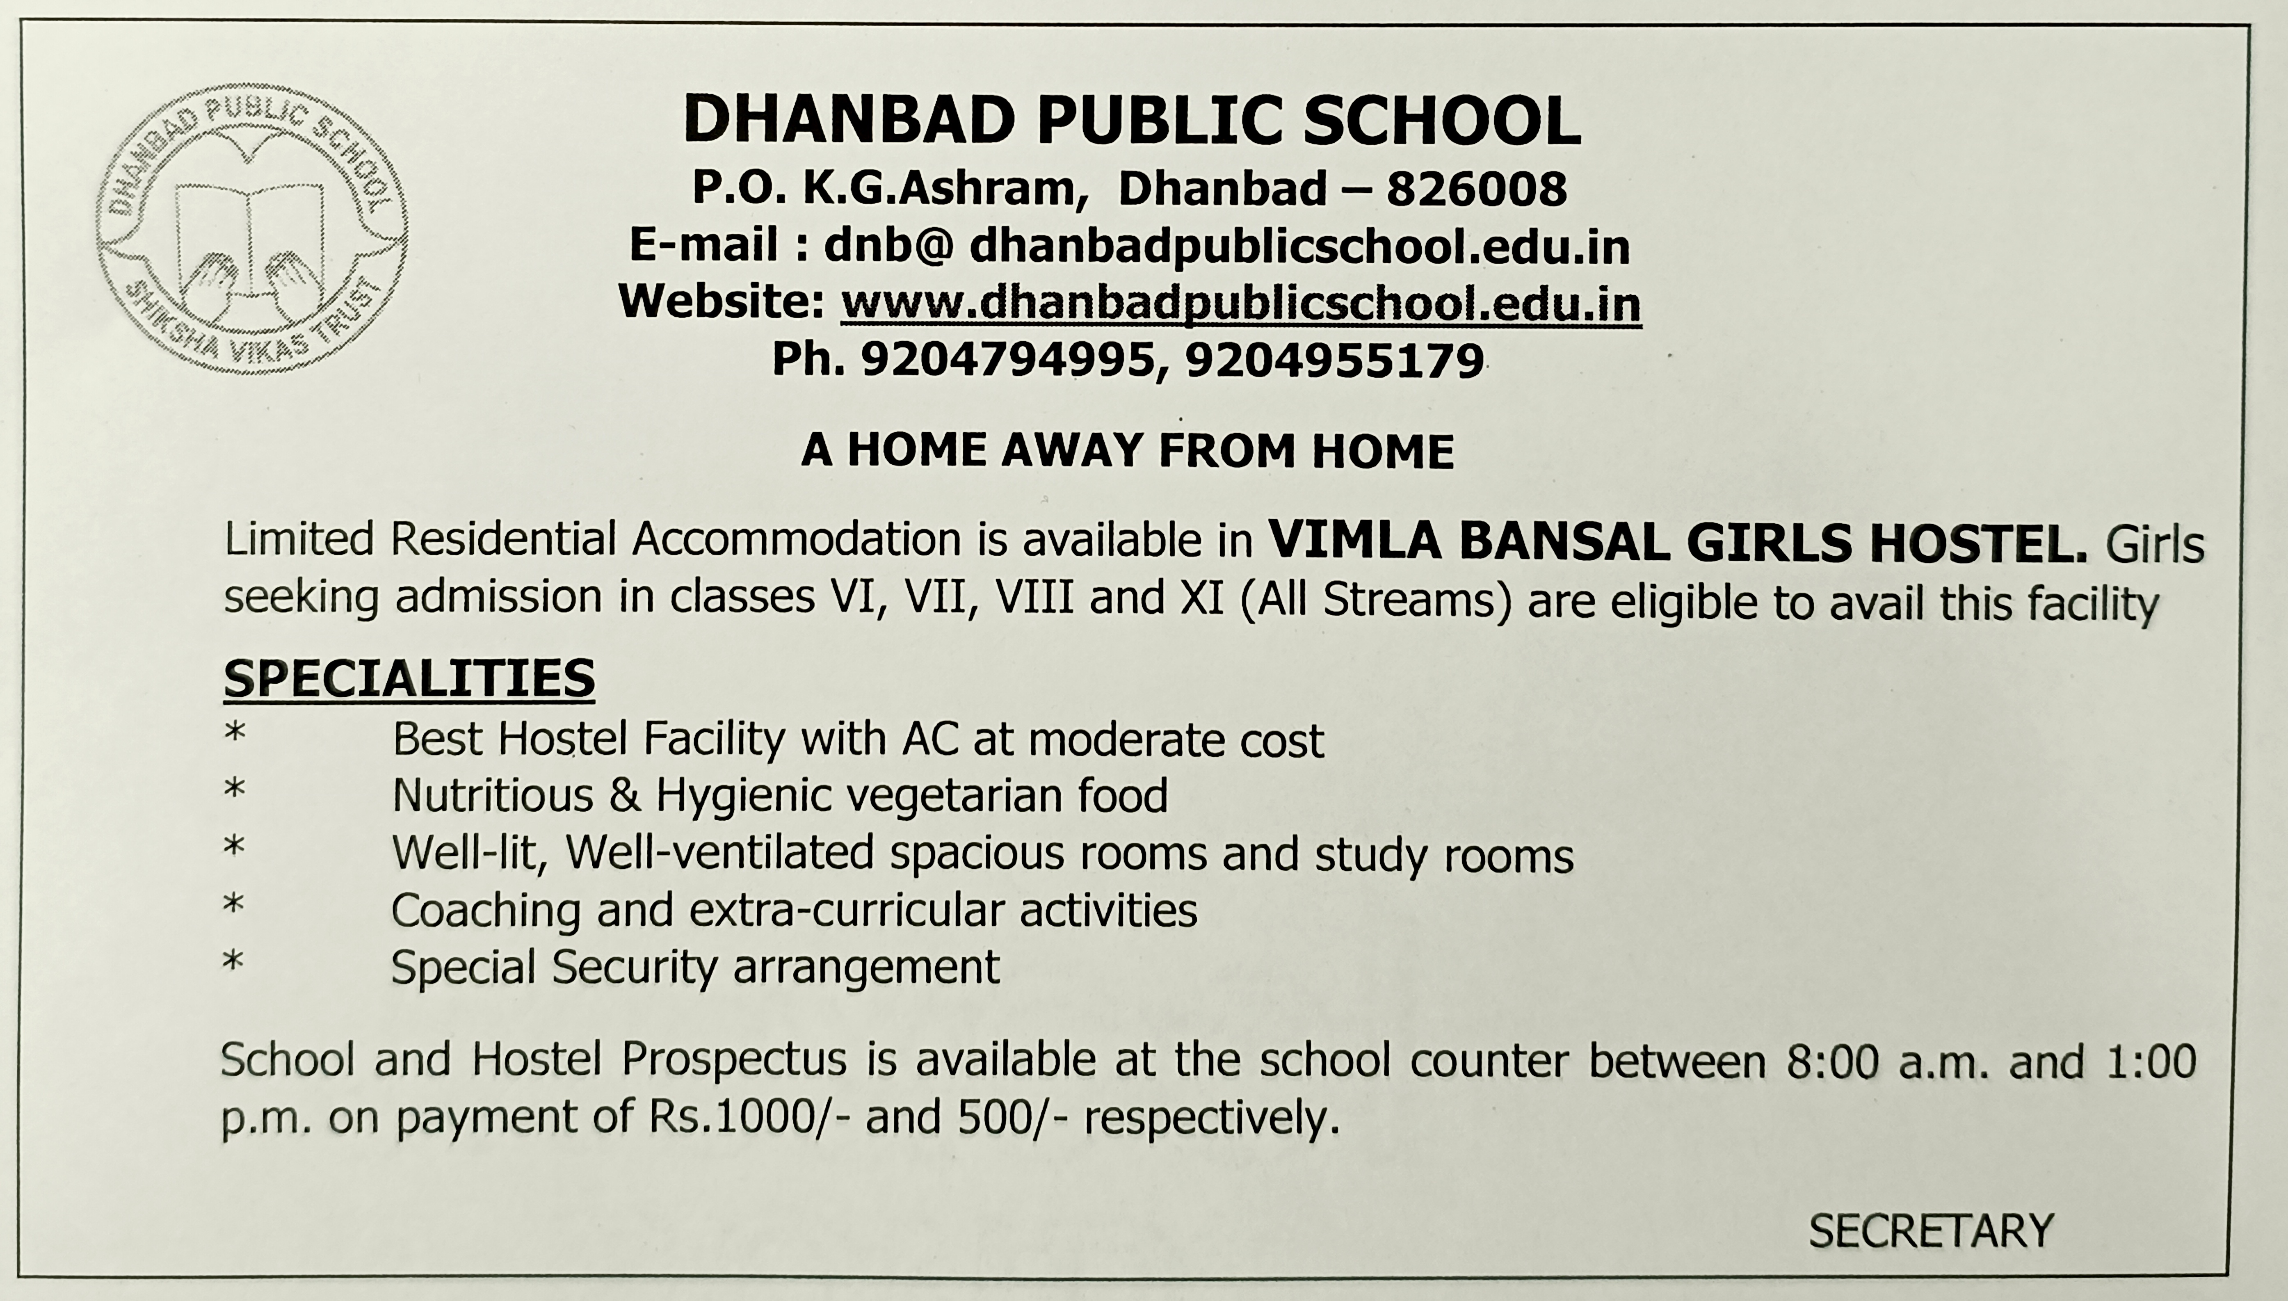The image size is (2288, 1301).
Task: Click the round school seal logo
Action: (x=252, y=230)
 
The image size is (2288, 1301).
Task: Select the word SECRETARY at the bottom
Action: (x=1931, y=1231)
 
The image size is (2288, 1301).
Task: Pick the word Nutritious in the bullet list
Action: (x=492, y=795)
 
